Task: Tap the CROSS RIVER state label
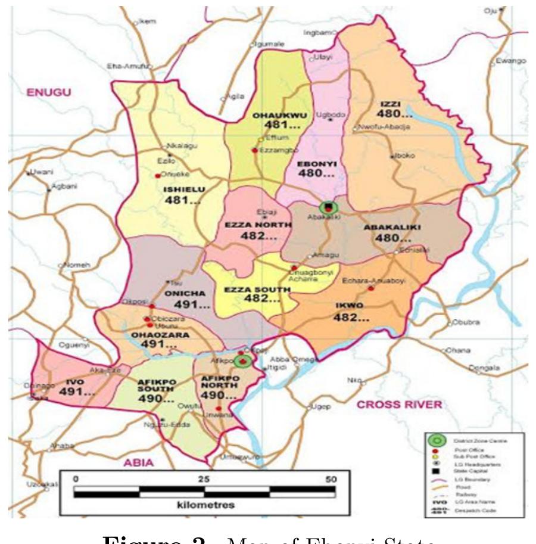(x=399, y=405)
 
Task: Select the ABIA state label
(x=138, y=462)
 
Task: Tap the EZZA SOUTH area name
(x=257, y=290)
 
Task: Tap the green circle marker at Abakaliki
(x=328, y=207)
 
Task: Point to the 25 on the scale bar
(x=203, y=479)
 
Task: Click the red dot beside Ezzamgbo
(x=255, y=150)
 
